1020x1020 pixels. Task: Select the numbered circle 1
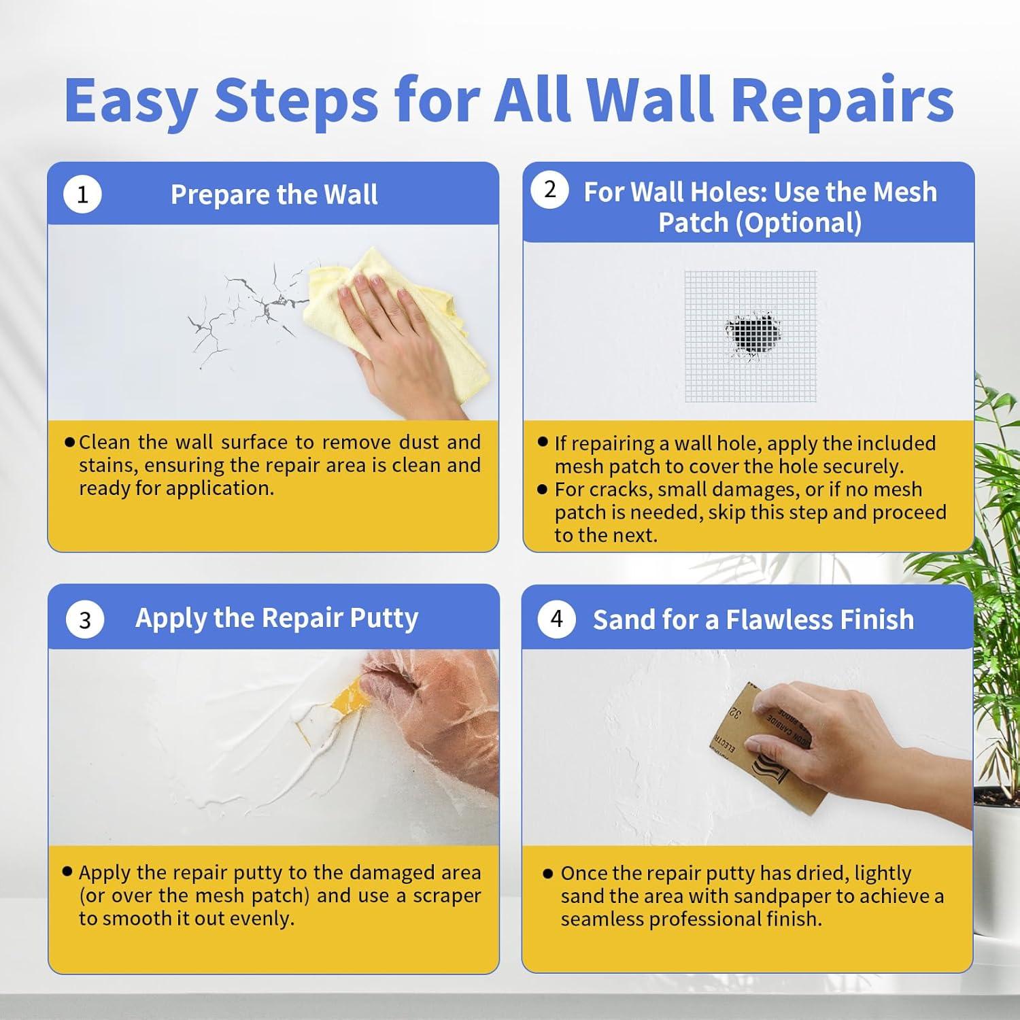tap(82, 195)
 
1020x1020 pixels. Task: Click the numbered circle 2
tap(550, 190)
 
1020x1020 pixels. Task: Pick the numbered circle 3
tap(85, 620)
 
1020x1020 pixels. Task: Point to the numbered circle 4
tap(557, 619)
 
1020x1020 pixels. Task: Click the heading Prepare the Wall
tap(274, 195)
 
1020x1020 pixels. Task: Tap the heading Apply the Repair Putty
tap(277, 619)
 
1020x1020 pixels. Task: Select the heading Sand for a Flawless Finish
tap(753, 619)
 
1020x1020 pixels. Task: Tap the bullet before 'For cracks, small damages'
tap(542, 488)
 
